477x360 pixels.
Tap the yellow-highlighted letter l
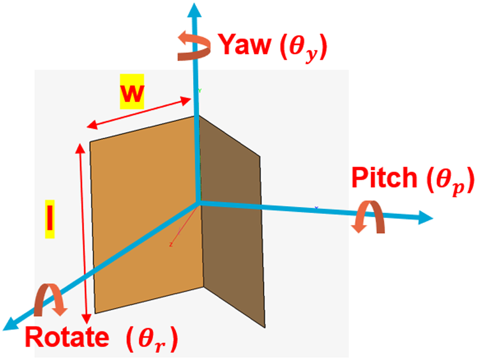pos(49,219)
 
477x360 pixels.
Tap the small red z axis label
pos(169,244)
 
